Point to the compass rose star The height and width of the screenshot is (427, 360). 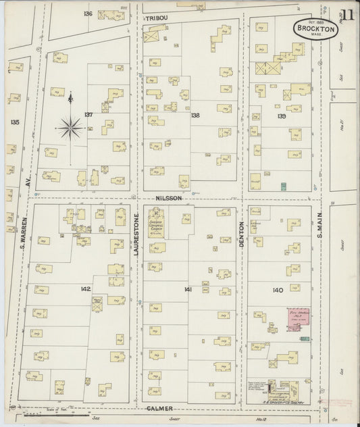coord(70,126)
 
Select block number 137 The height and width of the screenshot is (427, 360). coord(88,114)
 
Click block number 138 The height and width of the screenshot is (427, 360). coord(195,115)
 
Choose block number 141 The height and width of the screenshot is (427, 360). coord(188,289)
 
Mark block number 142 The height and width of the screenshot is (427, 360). coord(85,288)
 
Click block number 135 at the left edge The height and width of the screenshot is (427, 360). coord(15,122)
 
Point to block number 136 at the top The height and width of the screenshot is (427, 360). coord(88,14)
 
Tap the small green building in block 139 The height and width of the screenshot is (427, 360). coord(284,186)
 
